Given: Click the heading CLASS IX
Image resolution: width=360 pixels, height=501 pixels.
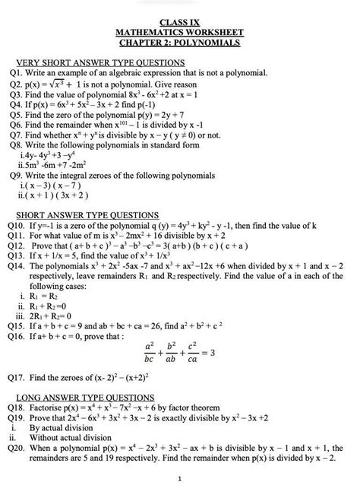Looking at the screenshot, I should click(179, 23).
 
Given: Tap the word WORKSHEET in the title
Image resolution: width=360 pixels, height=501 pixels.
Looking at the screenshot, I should click(213, 33).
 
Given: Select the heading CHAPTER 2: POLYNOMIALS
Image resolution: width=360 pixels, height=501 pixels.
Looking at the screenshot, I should click(179, 43).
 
